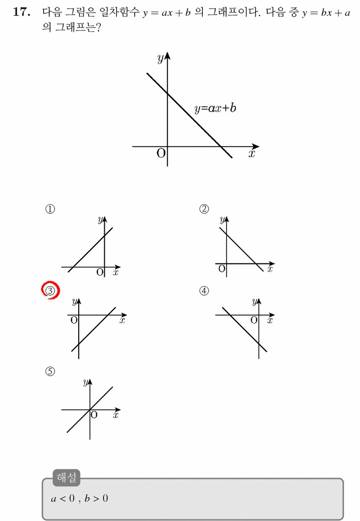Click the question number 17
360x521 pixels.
click(22, 12)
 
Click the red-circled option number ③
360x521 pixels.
click(50, 291)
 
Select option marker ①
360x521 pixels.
click(50, 209)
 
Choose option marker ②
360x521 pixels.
click(204, 209)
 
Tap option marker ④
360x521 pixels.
click(204, 291)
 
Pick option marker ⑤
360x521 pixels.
click(50, 372)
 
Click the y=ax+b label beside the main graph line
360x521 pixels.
click(215, 109)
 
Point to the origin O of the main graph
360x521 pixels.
click(161, 153)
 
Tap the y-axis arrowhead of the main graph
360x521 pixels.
click(167, 56)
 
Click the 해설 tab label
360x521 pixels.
click(66, 477)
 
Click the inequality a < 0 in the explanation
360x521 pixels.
click(63, 499)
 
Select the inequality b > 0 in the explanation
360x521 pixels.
click(96, 499)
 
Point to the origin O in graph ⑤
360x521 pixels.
click(94, 415)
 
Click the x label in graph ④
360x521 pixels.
click(270, 320)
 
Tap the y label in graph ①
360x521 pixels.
click(101, 220)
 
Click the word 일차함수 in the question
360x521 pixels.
click(119, 12)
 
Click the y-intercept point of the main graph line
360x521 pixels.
click(167, 94)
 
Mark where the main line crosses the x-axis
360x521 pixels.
click(220, 147)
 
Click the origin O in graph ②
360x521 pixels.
click(222, 269)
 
